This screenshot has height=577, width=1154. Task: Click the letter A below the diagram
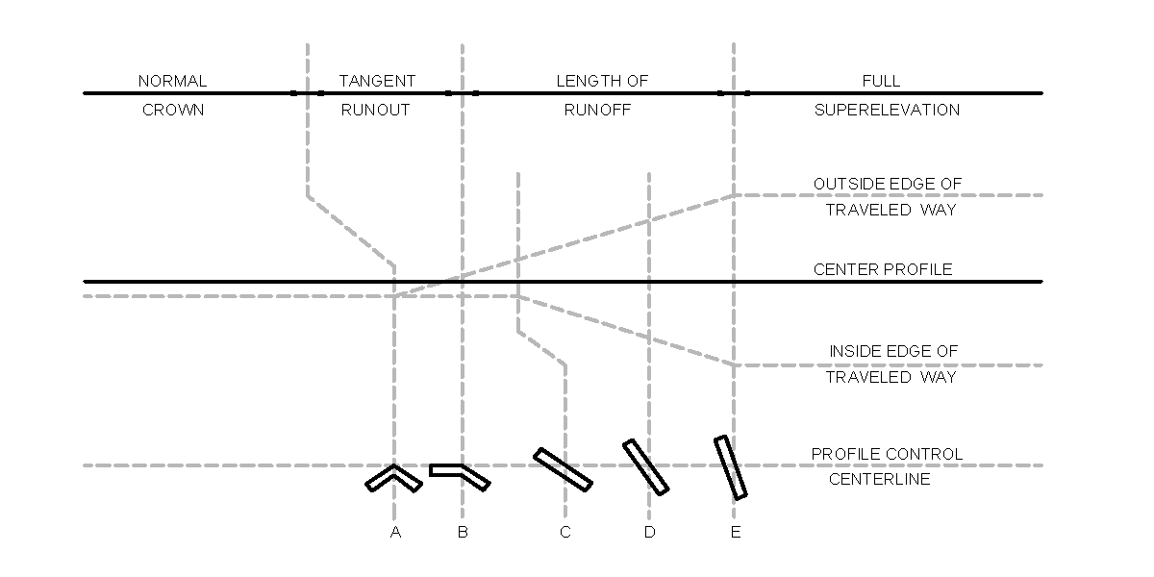394,533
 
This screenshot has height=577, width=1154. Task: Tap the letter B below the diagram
463,533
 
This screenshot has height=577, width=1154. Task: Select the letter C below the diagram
564,533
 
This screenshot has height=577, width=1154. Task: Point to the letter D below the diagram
649,533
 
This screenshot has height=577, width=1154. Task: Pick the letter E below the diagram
735,533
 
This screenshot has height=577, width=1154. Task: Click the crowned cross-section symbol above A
393,477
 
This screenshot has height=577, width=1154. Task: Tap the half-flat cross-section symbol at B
460,475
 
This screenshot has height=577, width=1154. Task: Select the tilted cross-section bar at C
563,469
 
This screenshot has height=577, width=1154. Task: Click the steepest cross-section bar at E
731,467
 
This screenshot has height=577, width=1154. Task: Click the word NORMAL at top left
172,81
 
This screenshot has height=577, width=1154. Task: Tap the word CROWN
173,110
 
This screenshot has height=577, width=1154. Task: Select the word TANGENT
377,81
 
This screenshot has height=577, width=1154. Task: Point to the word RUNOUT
375,110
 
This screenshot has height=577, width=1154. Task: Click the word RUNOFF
597,110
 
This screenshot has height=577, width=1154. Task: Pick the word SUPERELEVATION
887,110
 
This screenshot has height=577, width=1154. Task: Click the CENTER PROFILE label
883,269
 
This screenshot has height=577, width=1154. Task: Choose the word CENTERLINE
880,479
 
